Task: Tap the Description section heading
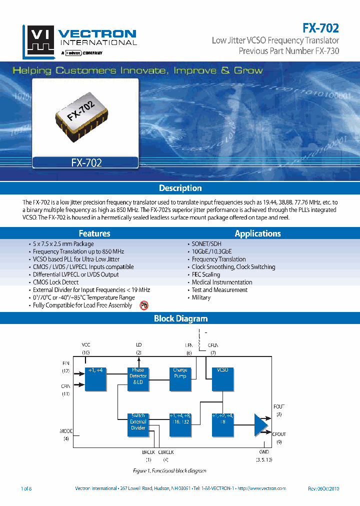click(180, 188)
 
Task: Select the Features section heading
click(94, 233)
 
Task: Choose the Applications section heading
click(257, 233)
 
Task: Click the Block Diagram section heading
click(180, 318)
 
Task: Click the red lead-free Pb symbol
click(144, 305)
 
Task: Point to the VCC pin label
click(86, 345)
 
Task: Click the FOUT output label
click(279, 406)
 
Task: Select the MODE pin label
click(66, 431)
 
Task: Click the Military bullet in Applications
click(201, 297)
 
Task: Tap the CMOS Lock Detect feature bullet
click(55, 282)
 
